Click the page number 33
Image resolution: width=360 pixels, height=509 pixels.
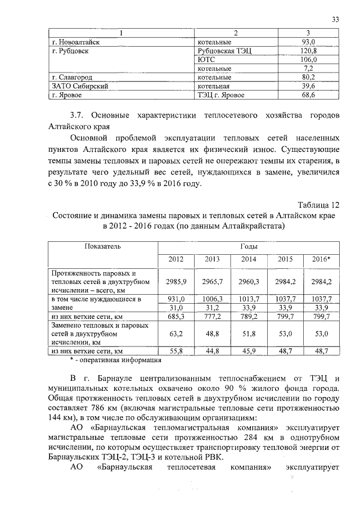tap(335, 20)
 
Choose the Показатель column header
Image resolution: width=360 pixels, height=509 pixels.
tap(102, 246)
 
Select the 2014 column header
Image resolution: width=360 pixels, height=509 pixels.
tap(249, 259)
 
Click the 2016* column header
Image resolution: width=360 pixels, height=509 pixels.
tap(321, 259)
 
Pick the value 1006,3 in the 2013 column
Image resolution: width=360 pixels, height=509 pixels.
tap(213, 298)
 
